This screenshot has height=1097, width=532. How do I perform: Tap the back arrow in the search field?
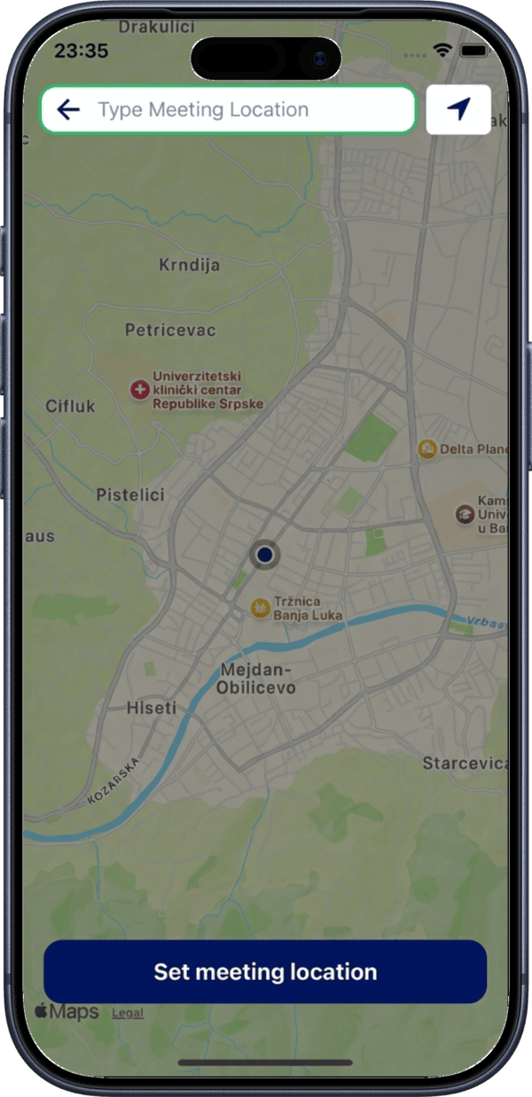tap(68, 110)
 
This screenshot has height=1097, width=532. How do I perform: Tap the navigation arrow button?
tap(458, 110)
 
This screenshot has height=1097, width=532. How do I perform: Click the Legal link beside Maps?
tap(128, 1013)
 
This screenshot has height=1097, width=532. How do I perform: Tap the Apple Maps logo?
tap(66, 1012)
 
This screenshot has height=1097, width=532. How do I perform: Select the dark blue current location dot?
tap(264, 556)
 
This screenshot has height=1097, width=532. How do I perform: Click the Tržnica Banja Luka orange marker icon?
tap(260, 607)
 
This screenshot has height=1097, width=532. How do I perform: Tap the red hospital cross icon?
tap(139, 390)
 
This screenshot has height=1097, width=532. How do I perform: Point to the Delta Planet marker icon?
tap(427, 449)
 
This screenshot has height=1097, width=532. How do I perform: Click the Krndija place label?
tap(189, 265)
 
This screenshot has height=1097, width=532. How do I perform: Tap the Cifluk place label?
tap(70, 407)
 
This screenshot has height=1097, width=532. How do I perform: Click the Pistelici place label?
tap(130, 495)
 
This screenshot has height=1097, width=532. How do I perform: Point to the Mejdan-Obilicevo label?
tap(257, 679)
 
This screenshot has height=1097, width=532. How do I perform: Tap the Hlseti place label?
tap(152, 708)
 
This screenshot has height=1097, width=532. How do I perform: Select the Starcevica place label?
tap(465, 763)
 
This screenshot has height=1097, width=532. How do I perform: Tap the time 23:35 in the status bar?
tap(82, 51)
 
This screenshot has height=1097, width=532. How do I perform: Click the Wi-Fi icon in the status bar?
tap(442, 51)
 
